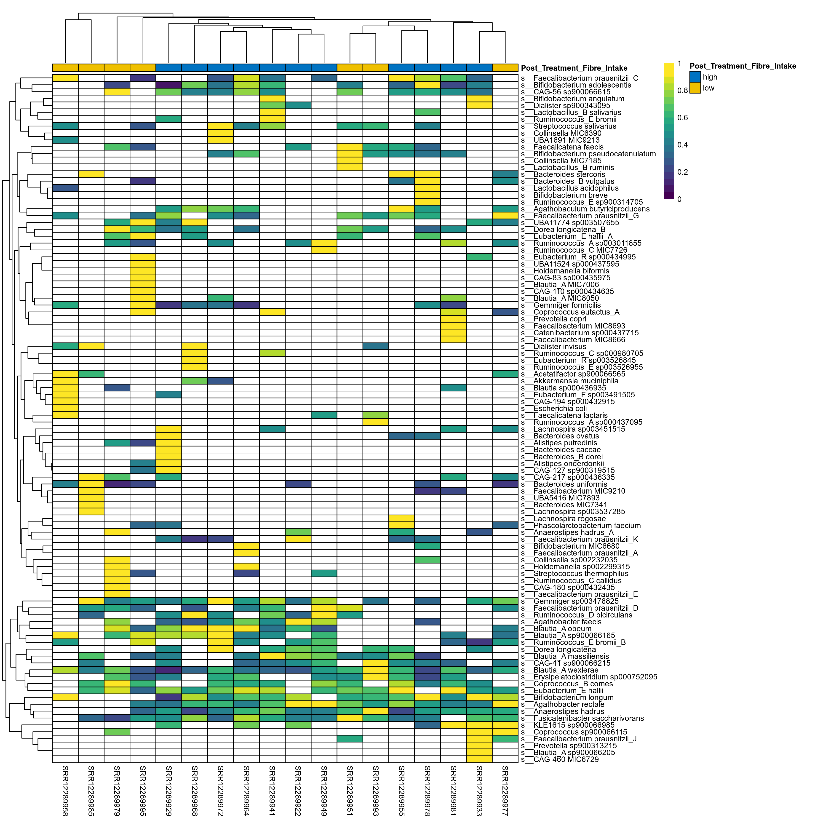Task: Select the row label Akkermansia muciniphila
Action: [569, 381]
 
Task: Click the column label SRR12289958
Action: [65, 790]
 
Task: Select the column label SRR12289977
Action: [505, 790]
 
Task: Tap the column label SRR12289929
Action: [169, 790]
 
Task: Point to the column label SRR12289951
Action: [350, 790]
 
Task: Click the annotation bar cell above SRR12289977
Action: [505, 68]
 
